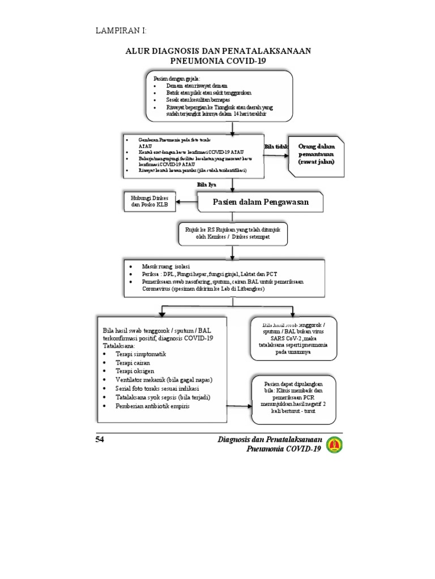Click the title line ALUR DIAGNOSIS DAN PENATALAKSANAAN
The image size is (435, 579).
[x=218, y=51]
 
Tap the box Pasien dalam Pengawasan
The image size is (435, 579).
[x=253, y=202]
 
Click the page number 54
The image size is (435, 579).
[x=100, y=439]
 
